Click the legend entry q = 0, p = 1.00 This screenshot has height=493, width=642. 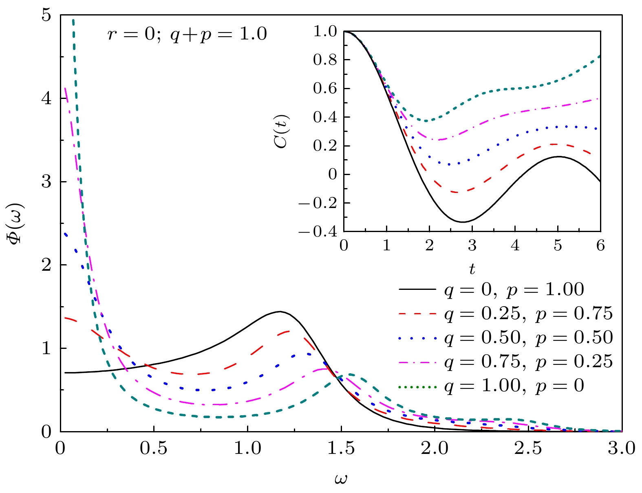pos(514,290)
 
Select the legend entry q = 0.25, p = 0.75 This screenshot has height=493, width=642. pos(528,313)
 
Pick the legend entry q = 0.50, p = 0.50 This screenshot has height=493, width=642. pos(528,337)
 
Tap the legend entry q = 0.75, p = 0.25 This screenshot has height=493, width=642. pos(528,362)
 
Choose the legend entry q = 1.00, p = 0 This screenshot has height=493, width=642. pos(514,386)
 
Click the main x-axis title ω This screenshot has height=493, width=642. pos(341,479)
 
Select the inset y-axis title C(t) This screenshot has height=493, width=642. pos(282,131)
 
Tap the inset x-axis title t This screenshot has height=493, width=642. pos(472,269)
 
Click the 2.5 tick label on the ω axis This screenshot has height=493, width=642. pos(528,449)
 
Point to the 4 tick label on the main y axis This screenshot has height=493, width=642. pos(48,99)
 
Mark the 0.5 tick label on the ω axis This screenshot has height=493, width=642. pos(154,449)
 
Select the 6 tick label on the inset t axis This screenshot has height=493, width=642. pos(600,246)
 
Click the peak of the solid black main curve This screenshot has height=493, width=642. pos(279,311)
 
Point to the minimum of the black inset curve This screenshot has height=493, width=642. pos(463,222)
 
